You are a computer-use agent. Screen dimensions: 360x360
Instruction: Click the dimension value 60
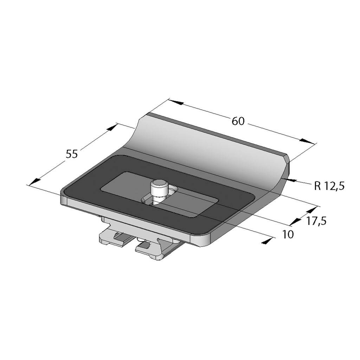coord(238,121)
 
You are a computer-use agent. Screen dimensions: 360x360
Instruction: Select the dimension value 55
coord(72,154)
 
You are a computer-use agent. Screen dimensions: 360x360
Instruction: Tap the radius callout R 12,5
coord(329,186)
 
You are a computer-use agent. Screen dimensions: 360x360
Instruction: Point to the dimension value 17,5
coord(316,221)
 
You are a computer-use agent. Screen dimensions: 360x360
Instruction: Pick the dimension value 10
coord(288,234)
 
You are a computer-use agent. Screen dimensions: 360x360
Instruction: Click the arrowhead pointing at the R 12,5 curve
coord(289,179)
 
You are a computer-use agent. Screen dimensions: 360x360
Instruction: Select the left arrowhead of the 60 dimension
coord(177,102)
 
